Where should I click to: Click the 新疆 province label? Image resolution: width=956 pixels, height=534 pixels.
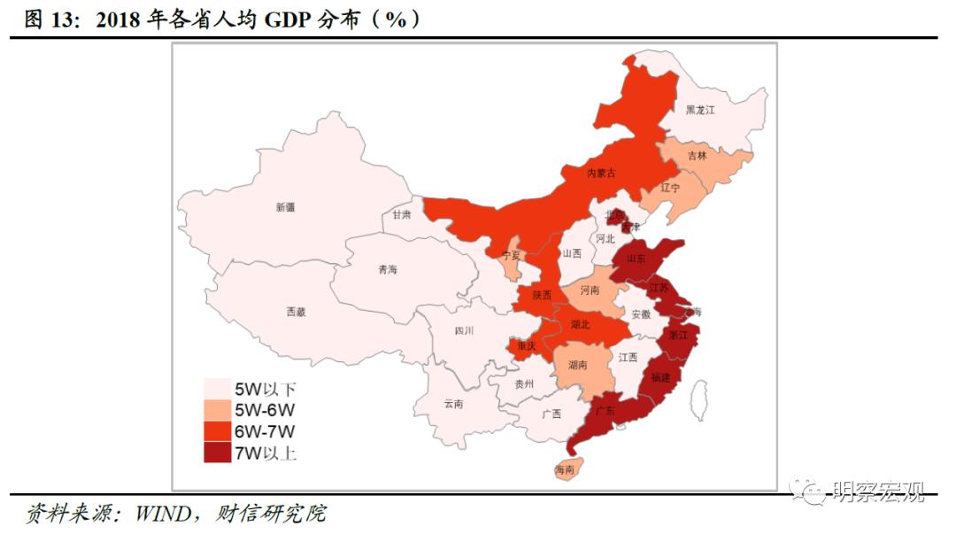click(x=285, y=207)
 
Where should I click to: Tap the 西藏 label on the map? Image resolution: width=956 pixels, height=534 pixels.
click(x=296, y=312)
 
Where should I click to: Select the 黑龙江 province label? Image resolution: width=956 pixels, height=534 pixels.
click(x=699, y=111)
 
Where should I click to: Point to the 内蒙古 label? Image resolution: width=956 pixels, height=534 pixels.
click(x=601, y=173)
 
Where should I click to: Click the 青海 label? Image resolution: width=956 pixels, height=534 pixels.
click(x=388, y=269)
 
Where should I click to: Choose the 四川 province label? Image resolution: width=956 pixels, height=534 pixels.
click(x=464, y=330)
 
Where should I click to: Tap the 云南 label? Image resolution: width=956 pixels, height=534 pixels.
click(x=453, y=404)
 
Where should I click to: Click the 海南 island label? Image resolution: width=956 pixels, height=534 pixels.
click(x=564, y=469)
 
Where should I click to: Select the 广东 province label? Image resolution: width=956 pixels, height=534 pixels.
click(x=605, y=411)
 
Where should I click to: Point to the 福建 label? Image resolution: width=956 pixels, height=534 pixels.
click(x=660, y=377)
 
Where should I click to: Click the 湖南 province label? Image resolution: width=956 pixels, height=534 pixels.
click(x=579, y=365)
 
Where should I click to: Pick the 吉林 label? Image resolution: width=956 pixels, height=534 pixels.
click(x=698, y=156)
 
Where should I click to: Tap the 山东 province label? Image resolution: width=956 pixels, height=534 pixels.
click(x=636, y=259)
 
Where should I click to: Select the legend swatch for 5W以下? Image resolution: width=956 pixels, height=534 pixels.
click(x=217, y=389)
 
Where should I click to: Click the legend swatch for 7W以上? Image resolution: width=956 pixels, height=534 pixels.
click(x=217, y=453)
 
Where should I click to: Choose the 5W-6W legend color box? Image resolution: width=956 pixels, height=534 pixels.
click(x=217, y=410)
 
